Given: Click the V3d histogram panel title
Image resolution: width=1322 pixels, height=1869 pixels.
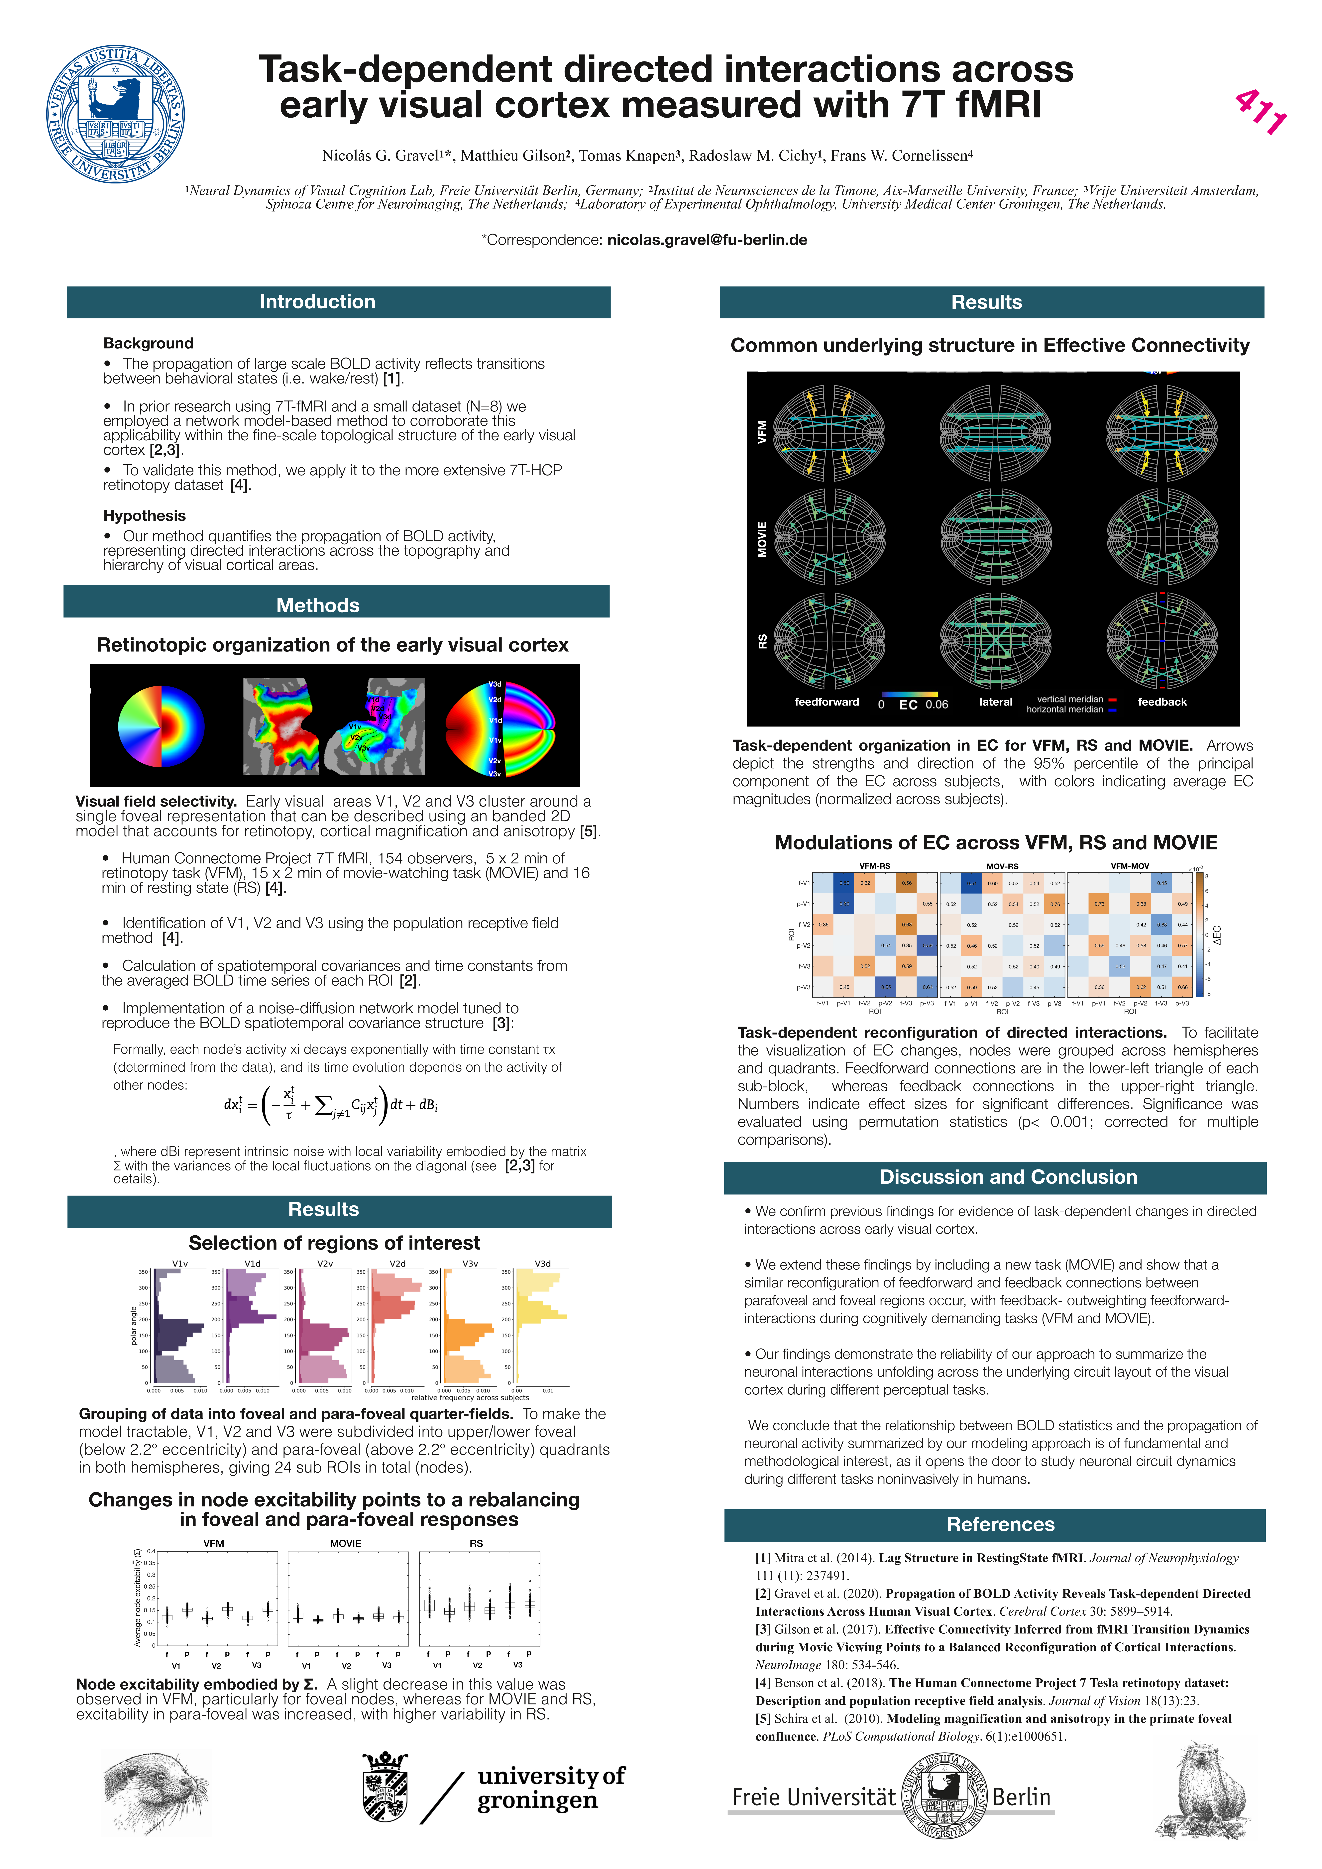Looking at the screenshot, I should tap(542, 1263).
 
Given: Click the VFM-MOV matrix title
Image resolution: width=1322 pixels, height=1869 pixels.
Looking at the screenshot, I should tap(1130, 866).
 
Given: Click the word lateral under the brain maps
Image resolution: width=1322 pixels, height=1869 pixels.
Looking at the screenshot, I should tap(996, 702).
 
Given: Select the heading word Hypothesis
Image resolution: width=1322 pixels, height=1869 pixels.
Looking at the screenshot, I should tap(144, 515).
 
